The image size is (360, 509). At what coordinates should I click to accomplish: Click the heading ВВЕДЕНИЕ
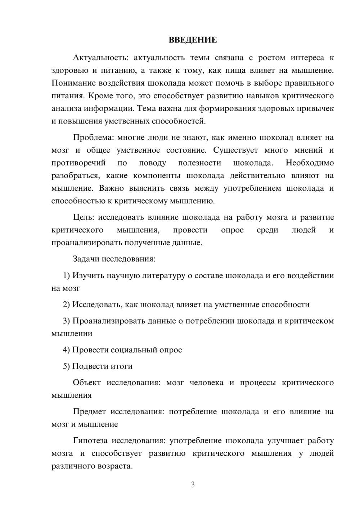pos(193,40)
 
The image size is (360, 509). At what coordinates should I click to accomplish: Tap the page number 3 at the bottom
pos(193,485)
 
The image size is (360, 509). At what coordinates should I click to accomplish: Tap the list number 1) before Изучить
pos(66,275)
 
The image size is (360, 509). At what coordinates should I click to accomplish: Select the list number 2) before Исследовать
pos(66,305)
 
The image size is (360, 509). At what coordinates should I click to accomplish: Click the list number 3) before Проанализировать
pos(66,321)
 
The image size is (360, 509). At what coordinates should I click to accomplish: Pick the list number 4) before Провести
pos(66,350)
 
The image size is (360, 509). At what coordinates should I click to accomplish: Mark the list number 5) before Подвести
pos(66,366)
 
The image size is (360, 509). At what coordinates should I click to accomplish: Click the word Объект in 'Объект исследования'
pos(87,382)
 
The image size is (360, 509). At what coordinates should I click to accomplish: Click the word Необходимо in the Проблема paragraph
pos(310,163)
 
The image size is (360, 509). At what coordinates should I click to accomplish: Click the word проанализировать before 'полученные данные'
pos(87,243)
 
